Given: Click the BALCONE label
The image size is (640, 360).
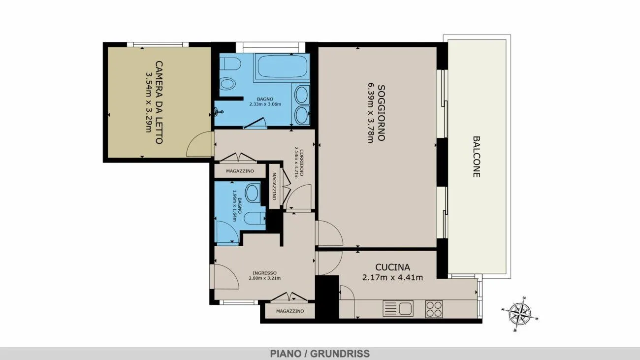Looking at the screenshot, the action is [x=476, y=157].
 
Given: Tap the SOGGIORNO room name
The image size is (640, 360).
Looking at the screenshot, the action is [x=381, y=113].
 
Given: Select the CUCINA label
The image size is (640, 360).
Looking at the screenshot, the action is [x=392, y=267].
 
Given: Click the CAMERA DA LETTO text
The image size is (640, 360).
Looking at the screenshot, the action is [x=159, y=102].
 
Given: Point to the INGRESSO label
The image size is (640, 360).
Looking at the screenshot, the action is [x=264, y=273].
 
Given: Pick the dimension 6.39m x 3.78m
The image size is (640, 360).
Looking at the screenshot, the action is [x=371, y=113].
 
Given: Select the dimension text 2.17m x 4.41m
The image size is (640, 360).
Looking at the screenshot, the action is [x=392, y=277].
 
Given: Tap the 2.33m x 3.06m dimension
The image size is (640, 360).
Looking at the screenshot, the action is [x=265, y=104].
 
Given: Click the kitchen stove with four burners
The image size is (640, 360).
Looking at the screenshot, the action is [x=434, y=309].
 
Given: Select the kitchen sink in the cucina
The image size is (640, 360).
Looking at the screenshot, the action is [x=398, y=308].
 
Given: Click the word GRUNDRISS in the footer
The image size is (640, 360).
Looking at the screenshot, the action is [x=340, y=354].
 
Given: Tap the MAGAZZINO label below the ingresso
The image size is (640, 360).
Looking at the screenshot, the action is [x=290, y=311].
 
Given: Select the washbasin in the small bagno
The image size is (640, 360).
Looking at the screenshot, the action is [x=252, y=194].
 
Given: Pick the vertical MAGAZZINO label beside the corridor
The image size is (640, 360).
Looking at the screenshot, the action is [x=274, y=186].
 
